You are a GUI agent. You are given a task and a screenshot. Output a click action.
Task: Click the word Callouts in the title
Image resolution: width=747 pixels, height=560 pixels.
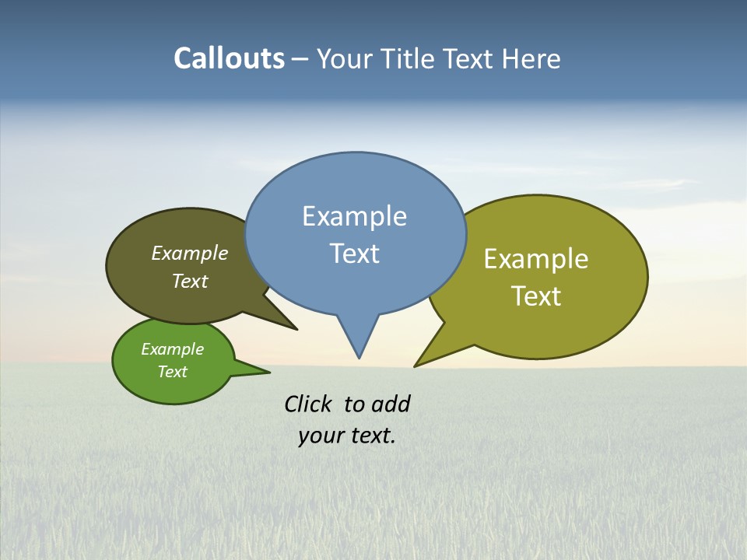tap(229, 58)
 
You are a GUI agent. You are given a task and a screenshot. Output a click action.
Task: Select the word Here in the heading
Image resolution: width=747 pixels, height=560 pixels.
tap(531, 59)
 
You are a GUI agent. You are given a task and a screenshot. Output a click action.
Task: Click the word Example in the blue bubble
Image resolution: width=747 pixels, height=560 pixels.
tap(354, 216)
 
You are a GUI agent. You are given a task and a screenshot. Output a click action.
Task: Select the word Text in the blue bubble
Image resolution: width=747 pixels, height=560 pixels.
tap(355, 254)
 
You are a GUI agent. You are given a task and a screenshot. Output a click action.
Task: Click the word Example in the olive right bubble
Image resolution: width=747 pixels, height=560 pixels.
tap(536, 259)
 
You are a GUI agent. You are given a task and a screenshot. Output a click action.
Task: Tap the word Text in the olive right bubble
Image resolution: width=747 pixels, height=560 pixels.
tap(536, 296)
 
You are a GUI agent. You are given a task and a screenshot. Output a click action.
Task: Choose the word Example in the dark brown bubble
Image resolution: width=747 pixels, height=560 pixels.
tap(190, 254)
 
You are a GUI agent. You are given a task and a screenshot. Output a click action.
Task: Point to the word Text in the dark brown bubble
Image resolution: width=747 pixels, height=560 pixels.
tap(190, 281)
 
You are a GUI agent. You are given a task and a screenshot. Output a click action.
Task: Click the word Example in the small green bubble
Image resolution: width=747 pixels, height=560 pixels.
tap(172, 349)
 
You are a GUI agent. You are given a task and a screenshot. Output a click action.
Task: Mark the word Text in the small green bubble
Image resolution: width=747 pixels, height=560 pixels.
tap(172, 372)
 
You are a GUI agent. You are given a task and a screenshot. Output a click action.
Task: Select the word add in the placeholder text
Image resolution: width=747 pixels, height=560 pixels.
tap(391, 404)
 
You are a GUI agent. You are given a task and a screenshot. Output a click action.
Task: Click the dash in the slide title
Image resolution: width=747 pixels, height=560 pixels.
tap(300, 59)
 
